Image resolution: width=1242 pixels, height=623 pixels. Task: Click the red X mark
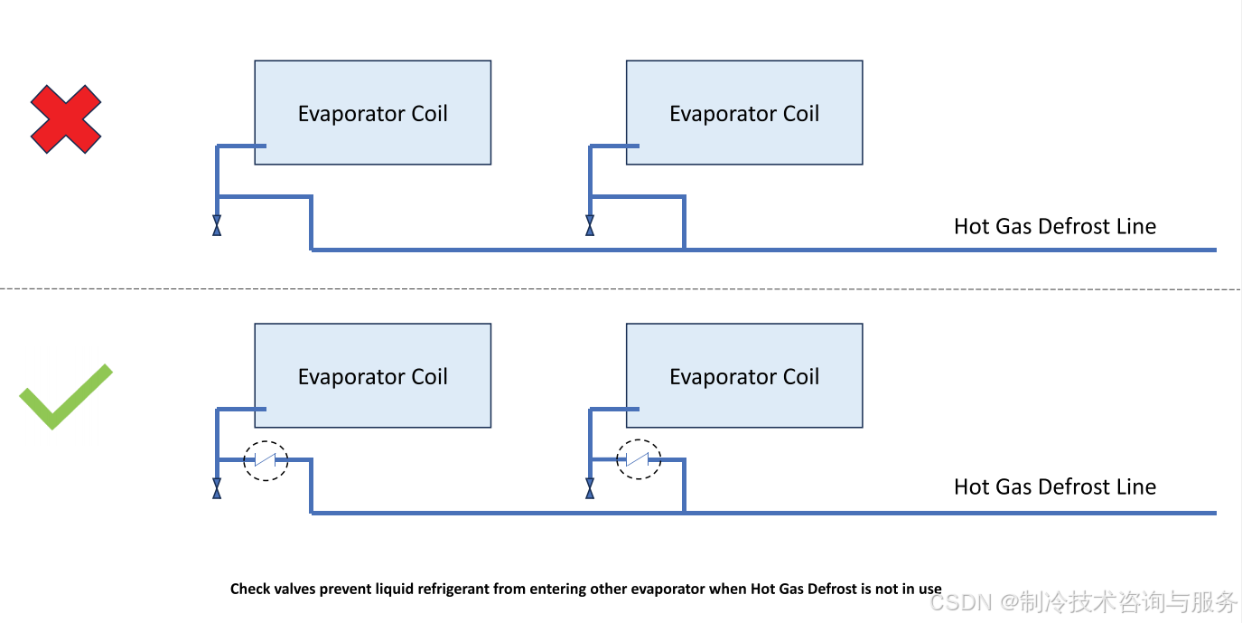(x=66, y=119)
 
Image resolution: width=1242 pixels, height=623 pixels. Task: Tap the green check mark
(x=64, y=398)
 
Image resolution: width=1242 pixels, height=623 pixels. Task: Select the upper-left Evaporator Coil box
(x=372, y=113)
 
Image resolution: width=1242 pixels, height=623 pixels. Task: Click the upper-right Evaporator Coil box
(x=744, y=113)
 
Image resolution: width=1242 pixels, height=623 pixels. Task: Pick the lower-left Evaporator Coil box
(x=372, y=376)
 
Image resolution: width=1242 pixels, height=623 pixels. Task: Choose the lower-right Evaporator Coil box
(x=744, y=376)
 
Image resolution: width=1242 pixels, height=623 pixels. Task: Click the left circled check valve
(x=266, y=460)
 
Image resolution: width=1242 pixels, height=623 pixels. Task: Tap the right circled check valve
(x=639, y=460)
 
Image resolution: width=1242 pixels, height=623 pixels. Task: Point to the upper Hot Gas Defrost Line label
(x=1054, y=226)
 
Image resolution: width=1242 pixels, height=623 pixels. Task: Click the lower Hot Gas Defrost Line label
(x=1054, y=486)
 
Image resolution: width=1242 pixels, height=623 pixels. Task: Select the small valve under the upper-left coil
(x=217, y=226)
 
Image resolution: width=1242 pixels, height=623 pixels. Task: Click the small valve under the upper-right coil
(x=590, y=226)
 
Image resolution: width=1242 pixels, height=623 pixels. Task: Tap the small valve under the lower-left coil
(x=217, y=489)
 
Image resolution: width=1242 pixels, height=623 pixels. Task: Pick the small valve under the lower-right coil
(x=590, y=489)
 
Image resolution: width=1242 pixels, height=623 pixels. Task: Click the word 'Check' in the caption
(x=249, y=589)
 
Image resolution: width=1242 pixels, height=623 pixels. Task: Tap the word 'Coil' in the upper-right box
(x=797, y=113)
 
